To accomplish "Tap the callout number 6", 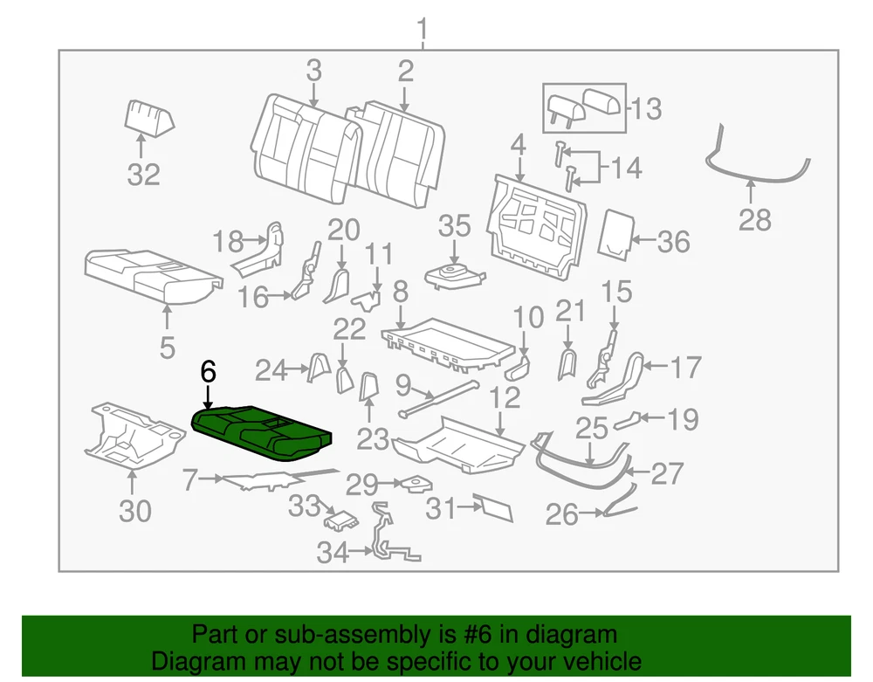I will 208,372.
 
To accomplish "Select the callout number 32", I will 144,175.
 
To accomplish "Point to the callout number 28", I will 754,220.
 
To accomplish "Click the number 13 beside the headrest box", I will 646,109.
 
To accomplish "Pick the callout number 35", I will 454,226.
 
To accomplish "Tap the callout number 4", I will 518,144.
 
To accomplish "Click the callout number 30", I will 135,511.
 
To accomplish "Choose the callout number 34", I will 332,552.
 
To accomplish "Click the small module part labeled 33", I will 341,521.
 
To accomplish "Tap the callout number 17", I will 686,367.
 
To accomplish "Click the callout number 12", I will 505,399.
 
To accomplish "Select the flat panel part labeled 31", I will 491,506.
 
